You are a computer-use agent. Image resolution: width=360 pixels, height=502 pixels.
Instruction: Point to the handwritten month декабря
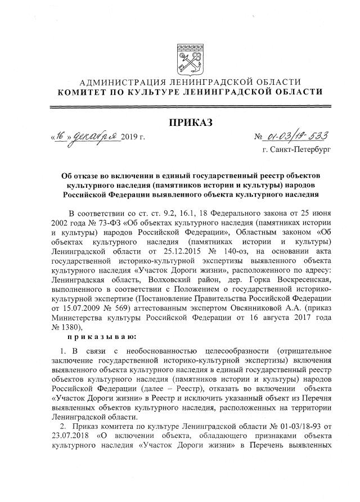(94, 137)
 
